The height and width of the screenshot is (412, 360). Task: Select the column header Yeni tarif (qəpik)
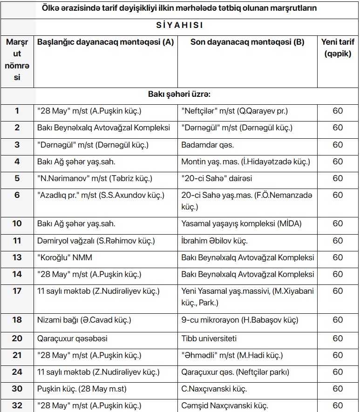pos(338,48)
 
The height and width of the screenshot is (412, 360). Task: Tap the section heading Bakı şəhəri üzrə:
pos(180,95)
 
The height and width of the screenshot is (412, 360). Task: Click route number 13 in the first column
pos(17,257)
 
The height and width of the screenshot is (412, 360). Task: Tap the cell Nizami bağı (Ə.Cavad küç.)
pos(84,320)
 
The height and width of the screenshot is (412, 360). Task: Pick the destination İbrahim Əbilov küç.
pos(214,241)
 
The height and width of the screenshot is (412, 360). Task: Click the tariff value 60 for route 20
pos(338,338)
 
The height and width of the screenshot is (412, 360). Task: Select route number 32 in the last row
pos(17,405)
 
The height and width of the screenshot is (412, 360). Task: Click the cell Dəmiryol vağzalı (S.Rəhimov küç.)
pos(96,241)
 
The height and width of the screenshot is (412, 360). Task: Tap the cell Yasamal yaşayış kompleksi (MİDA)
pos(241,224)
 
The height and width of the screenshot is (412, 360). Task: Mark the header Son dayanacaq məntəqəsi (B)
pos(247,42)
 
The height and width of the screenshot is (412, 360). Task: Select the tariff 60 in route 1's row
pos(338,111)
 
